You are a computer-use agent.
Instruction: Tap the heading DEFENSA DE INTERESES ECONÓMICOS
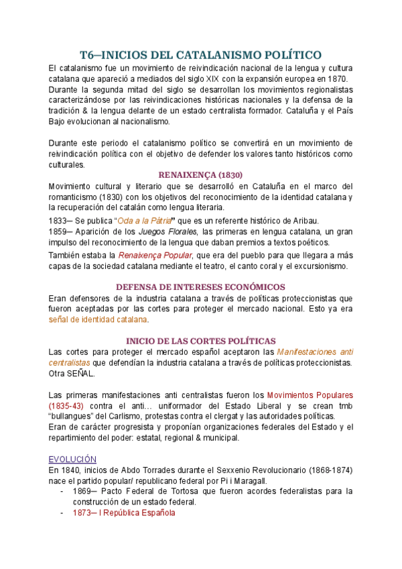tap(201, 287)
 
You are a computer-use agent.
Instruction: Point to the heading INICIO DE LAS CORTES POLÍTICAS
tap(201, 340)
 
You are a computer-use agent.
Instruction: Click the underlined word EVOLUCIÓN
tap(73, 459)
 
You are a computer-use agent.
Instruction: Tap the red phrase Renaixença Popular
tap(155, 255)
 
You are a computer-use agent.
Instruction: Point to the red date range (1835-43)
tap(67, 406)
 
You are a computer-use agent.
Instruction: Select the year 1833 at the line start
tap(58, 221)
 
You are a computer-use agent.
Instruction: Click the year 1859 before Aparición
tap(58, 231)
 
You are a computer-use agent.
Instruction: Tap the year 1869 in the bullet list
tap(83, 492)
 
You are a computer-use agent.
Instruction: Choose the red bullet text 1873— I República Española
tap(124, 513)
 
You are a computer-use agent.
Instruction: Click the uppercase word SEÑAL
tap(80, 374)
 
